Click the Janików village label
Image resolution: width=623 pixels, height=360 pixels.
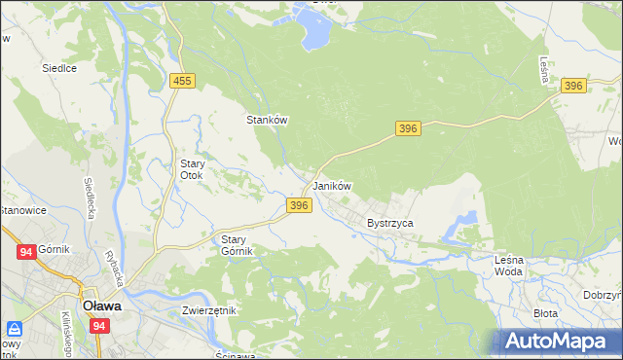point(331,186)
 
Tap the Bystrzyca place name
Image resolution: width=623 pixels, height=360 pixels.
point(390,223)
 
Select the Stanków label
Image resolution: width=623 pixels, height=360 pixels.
point(266,120)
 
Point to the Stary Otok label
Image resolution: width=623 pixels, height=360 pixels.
point(187,170)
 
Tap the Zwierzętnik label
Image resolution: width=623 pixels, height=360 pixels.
point(209,310)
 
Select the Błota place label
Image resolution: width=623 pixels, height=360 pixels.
point(545,313)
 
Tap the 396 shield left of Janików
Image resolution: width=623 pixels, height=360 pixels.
point(299,205)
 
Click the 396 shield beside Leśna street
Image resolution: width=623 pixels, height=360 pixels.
point(573,87)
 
